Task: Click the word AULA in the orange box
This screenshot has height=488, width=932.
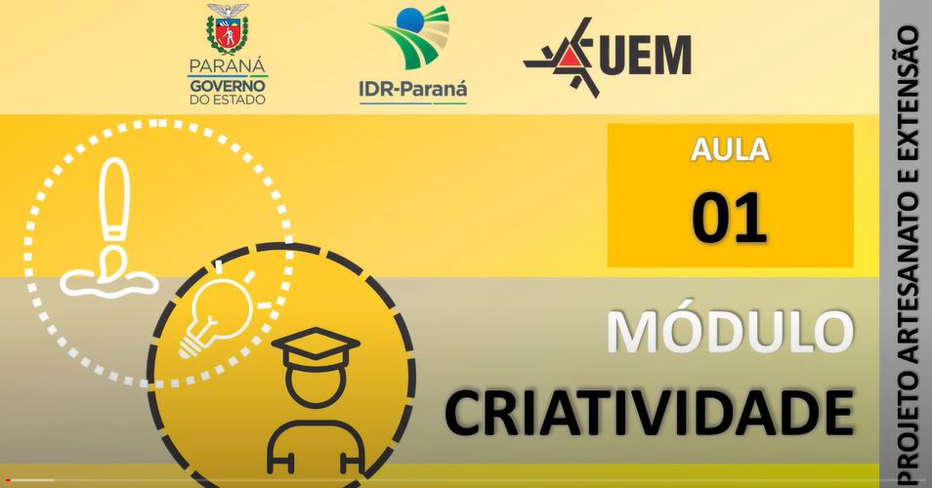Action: pyautogui.click(x=730, y=149)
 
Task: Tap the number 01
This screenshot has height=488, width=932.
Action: pyautogui.click(x=730, y=218)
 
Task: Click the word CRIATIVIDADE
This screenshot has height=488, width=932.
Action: pyautogui.click(x=650, y=412)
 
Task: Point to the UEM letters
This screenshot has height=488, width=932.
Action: pyautogui.click(x=646, y=55)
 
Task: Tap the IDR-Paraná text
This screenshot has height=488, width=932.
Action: pyautogui.click(x=413, y=90)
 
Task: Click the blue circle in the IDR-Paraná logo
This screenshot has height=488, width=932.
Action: pyautogui.click(x=408, y=20)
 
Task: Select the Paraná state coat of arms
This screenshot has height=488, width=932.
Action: pyautogui.click(x=227, y=29)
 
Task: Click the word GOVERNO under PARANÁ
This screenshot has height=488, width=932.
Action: pyautogui.click(x=228, y=86)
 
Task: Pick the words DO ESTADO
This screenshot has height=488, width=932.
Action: pyautogui.click(x=228, y=100)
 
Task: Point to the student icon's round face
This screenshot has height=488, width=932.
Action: pyautogui.click(x=315, y=386)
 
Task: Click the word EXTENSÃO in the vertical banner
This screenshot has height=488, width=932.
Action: pyautogui.click(x=909, y=102)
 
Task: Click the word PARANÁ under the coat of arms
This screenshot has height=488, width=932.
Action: pyautogui.click(x=228, y=66)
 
